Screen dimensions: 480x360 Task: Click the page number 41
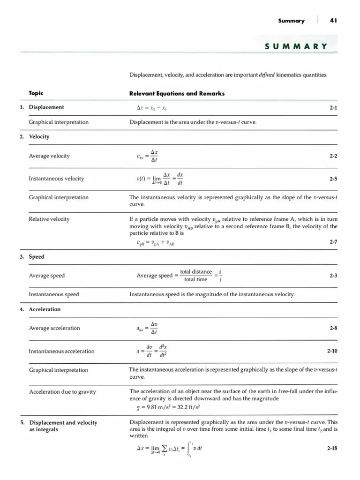[x=333, y=21]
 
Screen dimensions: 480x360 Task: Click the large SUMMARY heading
[x=295, y=46]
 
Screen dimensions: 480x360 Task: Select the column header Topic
[x=37, y=93]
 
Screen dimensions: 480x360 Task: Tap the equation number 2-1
[x=333, y=108]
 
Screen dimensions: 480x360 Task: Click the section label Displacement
[x=46, y=107]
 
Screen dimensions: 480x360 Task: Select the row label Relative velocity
[x=49, y=219]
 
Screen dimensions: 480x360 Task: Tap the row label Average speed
[x=47, y=276]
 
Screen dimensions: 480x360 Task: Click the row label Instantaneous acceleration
[x=61, y=351]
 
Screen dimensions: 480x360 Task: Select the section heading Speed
[x=37, y=257]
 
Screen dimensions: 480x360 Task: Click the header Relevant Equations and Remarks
[x=177, y=93]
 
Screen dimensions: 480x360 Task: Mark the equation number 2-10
[x=332, y=351]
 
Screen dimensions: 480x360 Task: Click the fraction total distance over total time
[x=196, y=276]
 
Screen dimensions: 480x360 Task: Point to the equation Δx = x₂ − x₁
[x=152, y=108]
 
